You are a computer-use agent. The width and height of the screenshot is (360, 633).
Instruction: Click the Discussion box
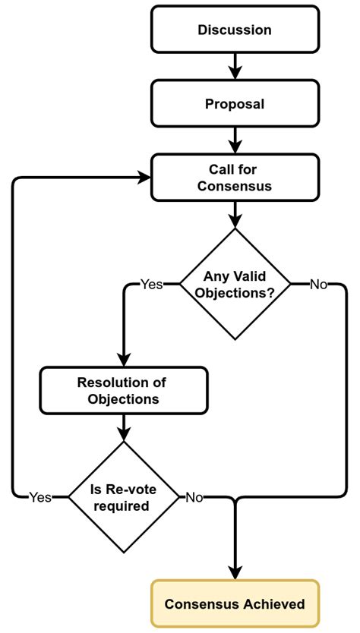[235, 30]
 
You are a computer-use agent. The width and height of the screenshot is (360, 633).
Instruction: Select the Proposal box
[235, 104]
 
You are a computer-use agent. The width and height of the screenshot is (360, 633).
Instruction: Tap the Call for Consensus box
[235, 178]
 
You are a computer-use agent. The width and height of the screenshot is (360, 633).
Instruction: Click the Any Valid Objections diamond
[235, 285]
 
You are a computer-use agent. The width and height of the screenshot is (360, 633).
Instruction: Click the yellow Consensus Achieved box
[235, 604]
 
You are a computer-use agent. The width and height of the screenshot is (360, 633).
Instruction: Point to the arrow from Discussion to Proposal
[235, 67]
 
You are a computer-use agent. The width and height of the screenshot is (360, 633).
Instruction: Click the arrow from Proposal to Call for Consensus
[235, 140]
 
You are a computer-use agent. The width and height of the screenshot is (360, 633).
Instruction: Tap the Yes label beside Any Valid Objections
[151, 285]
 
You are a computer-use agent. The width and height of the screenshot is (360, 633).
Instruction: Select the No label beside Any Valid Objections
[318, 285]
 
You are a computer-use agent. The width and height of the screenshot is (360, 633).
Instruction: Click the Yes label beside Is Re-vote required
[40, 497]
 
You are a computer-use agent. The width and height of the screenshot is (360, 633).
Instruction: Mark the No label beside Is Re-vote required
[194, 497]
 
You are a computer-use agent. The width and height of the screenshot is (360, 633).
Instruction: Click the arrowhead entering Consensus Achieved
[235, 572]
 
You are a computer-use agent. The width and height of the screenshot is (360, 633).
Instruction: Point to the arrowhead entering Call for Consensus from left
[143, 178]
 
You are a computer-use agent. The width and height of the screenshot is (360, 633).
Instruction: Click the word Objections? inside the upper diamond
[235, 293]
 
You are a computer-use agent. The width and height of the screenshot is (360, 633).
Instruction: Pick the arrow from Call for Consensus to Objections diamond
[235, 215]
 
